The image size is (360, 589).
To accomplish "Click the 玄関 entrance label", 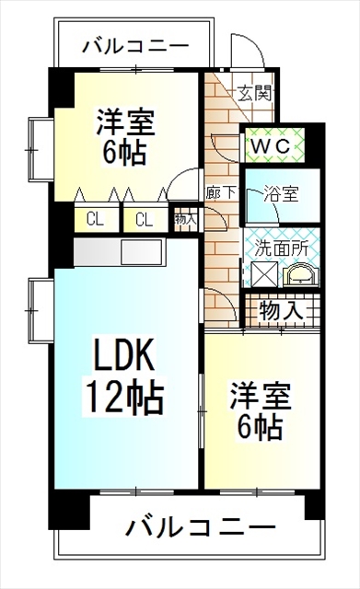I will [x=253, y=94].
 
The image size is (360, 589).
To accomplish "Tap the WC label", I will [x=267, y=144].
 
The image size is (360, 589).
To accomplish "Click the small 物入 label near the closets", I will [x=184, y=219].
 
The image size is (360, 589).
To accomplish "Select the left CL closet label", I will [x=95, y=219].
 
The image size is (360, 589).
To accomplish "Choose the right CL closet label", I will [x=143, y=219].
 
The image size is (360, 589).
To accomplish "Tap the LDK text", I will [x=124, y=354].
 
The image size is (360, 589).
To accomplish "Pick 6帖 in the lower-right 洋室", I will [x=260, y=427].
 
